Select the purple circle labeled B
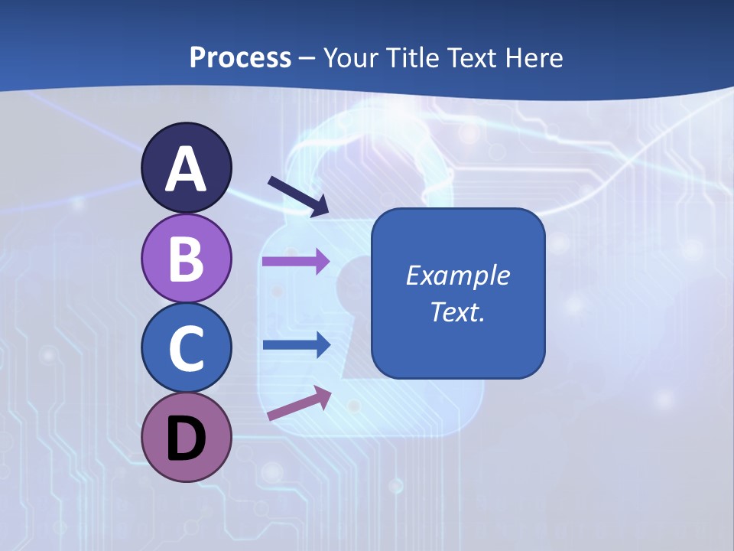(186, 258)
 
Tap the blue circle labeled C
(186, 348)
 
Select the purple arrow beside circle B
(296, 261)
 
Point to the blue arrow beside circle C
(296, 344)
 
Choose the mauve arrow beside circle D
(299, 404)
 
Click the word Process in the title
(240, 57)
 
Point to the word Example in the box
(458, 275)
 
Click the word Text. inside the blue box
(458, 312)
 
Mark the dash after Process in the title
(307, 58)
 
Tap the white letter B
(186, 258)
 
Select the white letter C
(186, 348)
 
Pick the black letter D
(186, 438)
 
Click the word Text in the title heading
(475, 57)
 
